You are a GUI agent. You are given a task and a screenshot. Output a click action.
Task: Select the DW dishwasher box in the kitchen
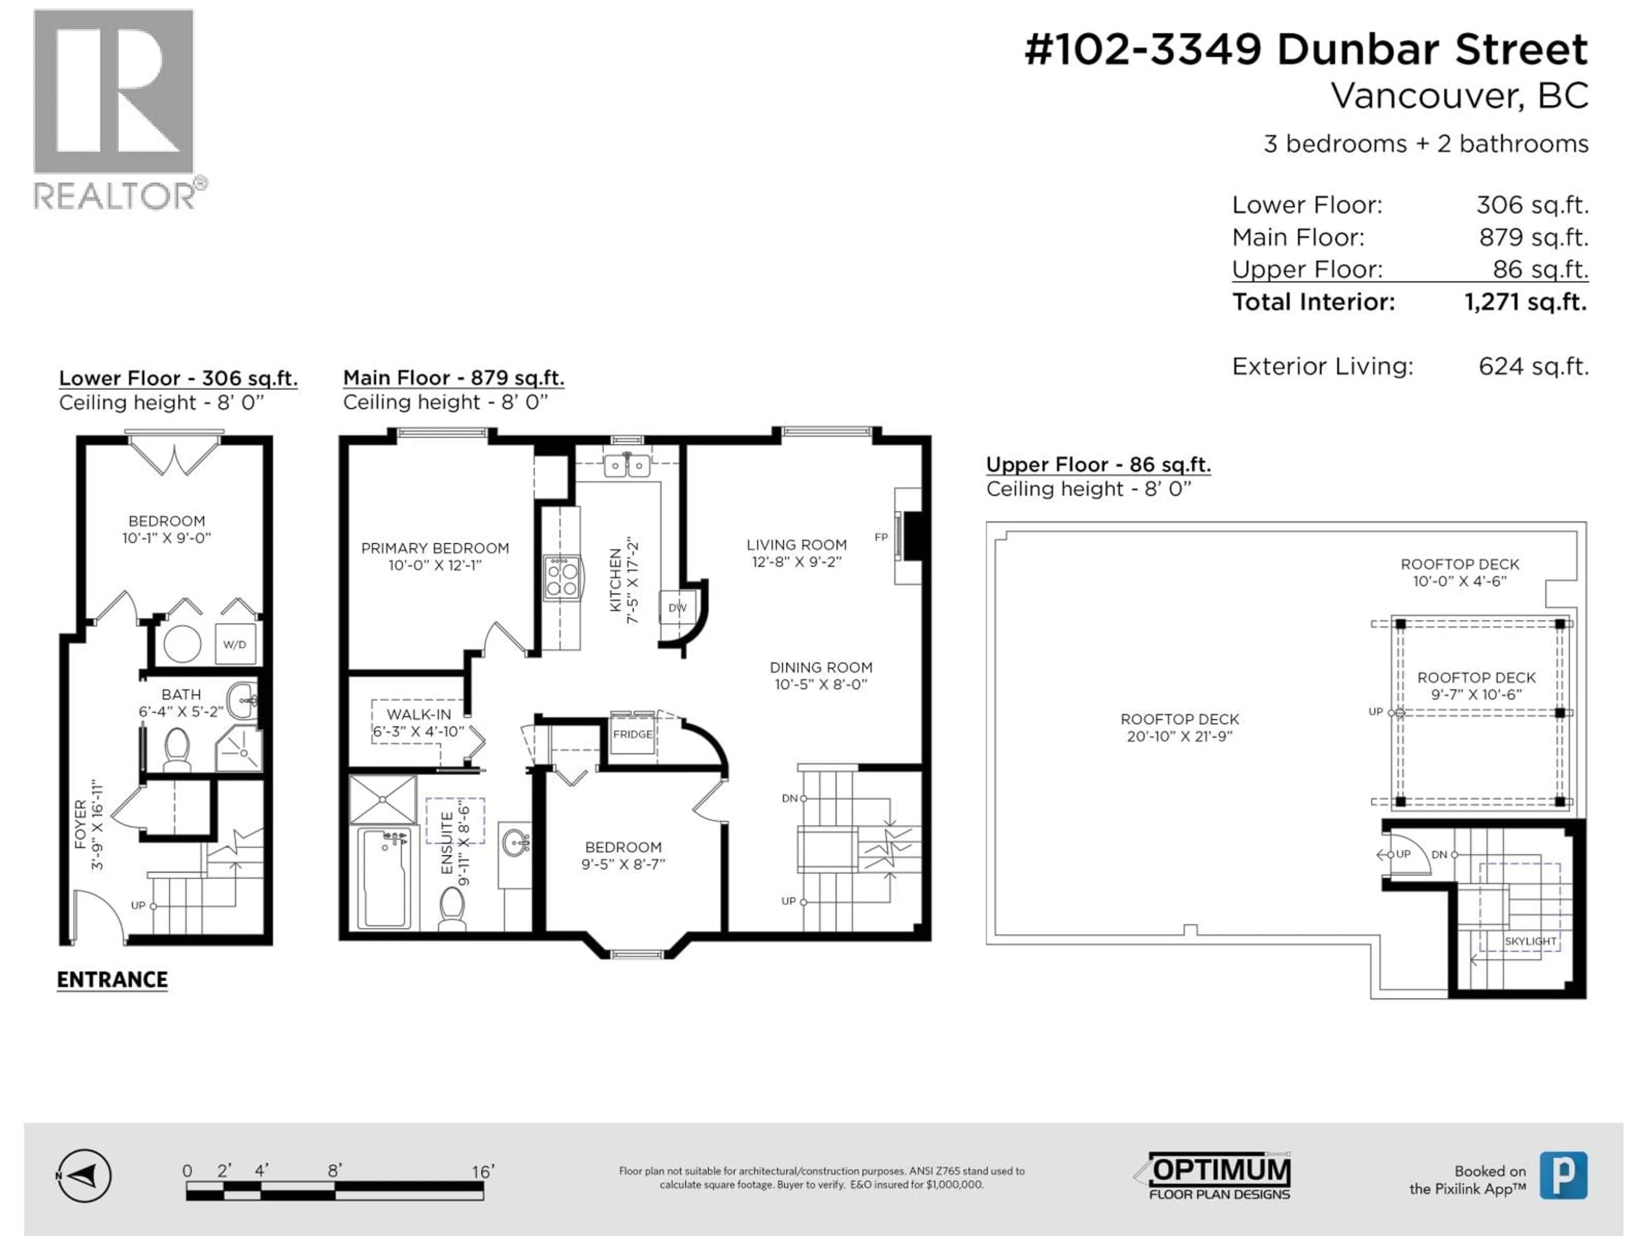pyautogui.click(x=676, y=607)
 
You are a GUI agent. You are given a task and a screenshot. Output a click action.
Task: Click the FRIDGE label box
pyautogui.click(x=633, y=734)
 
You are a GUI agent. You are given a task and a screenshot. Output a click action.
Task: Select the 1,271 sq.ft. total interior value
pyautogui.click(x=1525, y=302)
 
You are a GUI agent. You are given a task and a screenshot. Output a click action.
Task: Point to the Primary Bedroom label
pyautogui.click(x=435, y=548)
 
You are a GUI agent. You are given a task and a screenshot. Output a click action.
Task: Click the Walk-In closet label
pyautogui.click(x=419, y=714)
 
